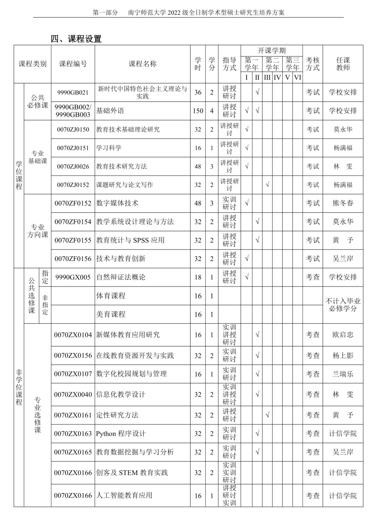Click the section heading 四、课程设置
pos(76,38)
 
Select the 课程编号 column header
pos(73,64)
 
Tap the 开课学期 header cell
pos(271,51)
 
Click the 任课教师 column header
pos(343,64)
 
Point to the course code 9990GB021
pos(73,93)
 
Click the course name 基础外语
pos(110,111)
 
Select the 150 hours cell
pos(198,111)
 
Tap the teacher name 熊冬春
pos(343,203)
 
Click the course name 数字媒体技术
pos(117,203)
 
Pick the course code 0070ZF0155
pos(73,240)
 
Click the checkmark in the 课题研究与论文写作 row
pos(267,185)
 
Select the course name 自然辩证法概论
pos(121,277)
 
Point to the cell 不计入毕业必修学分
pos(343,305)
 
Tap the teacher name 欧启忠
pos(343,335)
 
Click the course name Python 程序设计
pos(121,434)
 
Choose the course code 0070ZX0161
pos(73,415)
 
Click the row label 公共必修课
pos(38,102)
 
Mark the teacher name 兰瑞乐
pos(343,374)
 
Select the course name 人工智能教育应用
pos(124,495)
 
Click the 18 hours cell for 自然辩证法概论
pos(198,277)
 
